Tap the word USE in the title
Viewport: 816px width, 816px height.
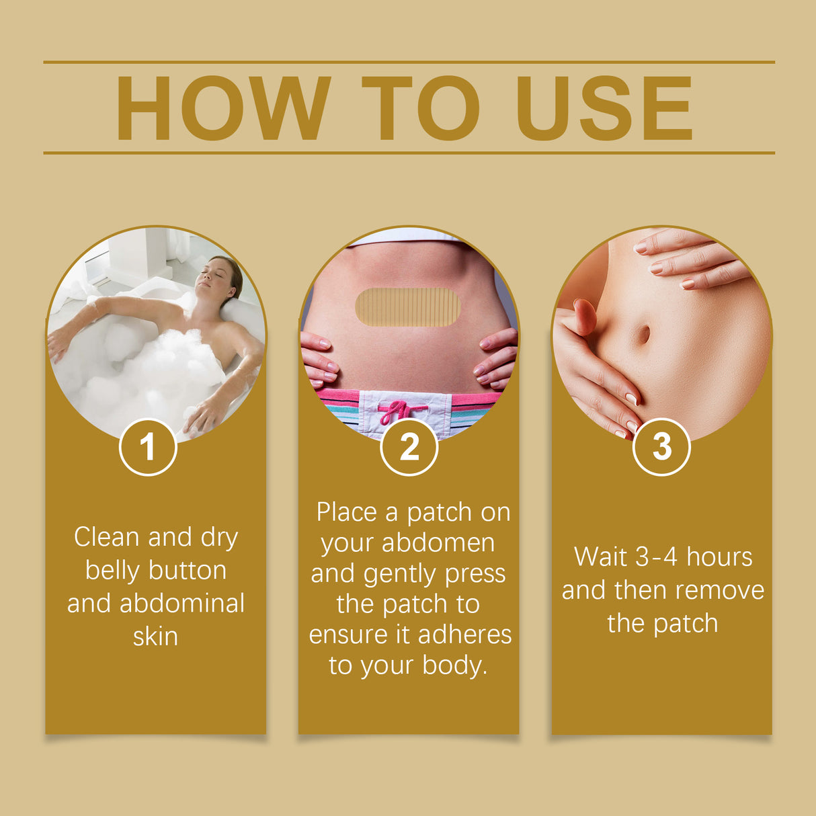(x=604, y=108)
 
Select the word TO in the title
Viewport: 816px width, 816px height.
(x=421, y=108)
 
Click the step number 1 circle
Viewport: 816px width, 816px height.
(x=148, y=447)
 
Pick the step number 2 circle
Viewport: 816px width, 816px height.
(x=409, y=447)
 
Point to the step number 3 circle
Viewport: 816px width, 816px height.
(x=661, y=447)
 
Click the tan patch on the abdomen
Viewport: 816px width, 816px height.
(x=408, y=308)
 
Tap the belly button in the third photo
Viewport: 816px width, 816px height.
(x=642, y=334)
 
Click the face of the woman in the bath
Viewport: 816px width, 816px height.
(x=220, y=276)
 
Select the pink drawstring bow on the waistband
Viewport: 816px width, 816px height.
(x=402, y=411)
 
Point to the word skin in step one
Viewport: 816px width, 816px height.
(x=155, y=636)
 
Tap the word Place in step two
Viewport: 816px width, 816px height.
(x=347, y=512)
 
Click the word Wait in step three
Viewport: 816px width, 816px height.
(x=601, y=557)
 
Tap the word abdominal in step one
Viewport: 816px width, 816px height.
(x=182, y=603)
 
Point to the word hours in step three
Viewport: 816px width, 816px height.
(x=719, y=557)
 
